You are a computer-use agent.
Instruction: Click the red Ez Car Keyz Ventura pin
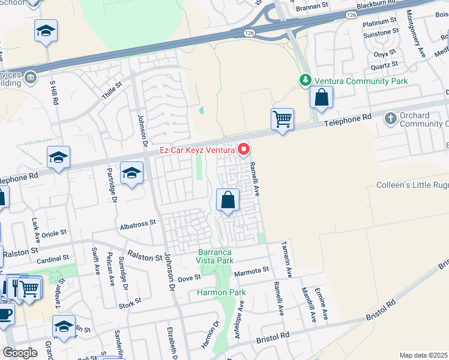(244, 149)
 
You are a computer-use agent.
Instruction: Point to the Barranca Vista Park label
(215, 257)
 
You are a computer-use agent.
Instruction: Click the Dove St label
(189, 278)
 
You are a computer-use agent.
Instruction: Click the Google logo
(20, 353)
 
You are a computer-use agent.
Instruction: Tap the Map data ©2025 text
(423, 355)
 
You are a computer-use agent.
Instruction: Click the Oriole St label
(53, 232)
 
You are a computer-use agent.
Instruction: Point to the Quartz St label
(385, 65)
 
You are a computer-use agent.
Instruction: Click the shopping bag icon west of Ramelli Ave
(228, 200)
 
